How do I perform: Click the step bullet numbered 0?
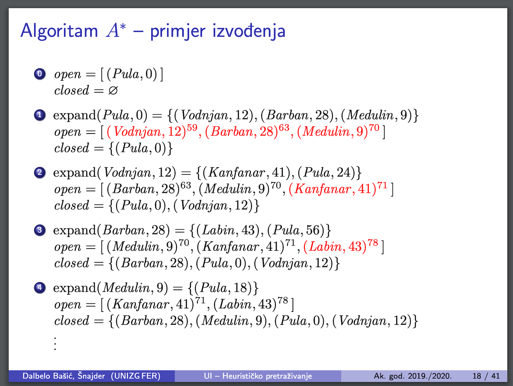[40, 74]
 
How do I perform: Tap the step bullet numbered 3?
[40, 230]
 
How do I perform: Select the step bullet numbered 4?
[40, 287]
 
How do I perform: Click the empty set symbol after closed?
[113, 90]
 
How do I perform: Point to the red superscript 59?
[192, 127]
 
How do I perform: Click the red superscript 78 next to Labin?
[373, 243]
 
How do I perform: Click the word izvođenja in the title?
[249, 31]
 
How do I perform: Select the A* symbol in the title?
[116, 30]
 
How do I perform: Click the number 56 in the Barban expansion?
[313, 230]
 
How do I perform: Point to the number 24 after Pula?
[344, 173]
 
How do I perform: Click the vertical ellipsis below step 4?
[55, 343]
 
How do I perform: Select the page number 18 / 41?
[486, 376]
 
